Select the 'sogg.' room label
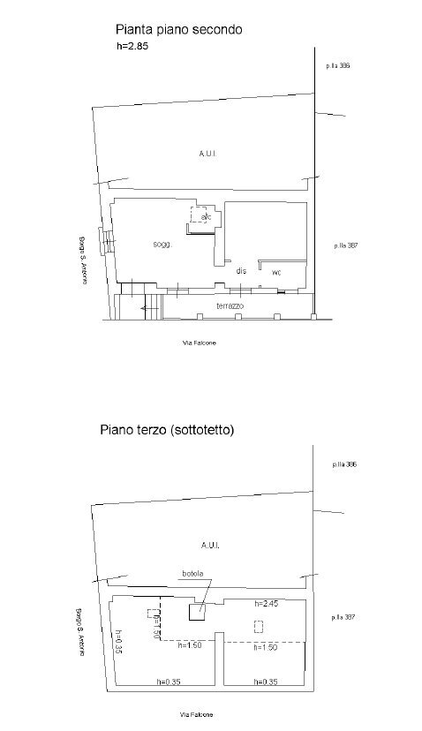(161, 244)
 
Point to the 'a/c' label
(206, 216)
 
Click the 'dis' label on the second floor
(241, 270)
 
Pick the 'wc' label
(276, 272)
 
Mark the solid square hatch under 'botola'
(197, 614)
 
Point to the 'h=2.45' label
(266, 604)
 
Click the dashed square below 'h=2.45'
(259, 626)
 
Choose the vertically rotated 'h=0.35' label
(118, 641)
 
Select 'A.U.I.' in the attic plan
(209, 546)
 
